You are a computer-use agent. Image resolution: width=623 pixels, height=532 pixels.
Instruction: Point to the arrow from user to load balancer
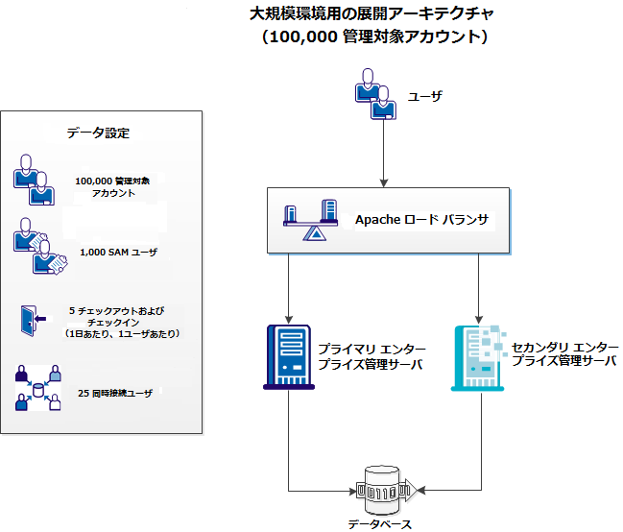tap(384, 154)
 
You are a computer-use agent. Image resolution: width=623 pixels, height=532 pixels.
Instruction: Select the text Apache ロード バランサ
tap(422, 220)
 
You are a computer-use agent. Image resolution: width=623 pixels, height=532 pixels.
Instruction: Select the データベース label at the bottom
tap(380, 524)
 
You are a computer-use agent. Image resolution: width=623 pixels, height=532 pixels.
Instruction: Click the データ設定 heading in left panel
tap(98, 133)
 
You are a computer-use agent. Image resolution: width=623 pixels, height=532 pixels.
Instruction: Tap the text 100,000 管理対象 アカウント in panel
tap(113, 186)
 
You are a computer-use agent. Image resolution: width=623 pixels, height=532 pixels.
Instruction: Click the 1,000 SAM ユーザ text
tap(118, 253)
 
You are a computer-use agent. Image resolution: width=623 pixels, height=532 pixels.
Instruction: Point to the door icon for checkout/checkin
tap(29, 321)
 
